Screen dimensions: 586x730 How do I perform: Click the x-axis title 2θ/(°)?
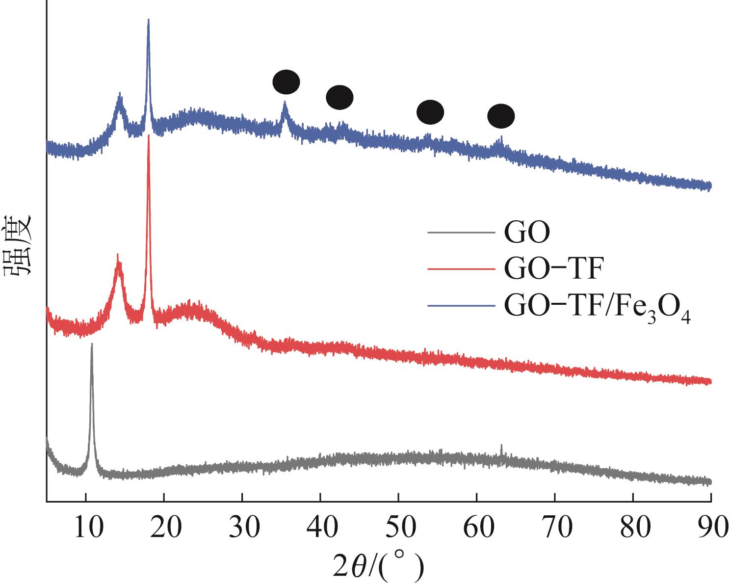point(378,566)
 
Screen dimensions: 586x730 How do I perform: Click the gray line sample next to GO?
point(460,233)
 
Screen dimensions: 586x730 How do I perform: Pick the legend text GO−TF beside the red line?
point(552,269)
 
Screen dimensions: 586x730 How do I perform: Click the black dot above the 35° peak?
point(286,82)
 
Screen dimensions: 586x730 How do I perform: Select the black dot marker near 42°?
point(339,97)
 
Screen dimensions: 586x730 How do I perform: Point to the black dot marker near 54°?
point(430,112)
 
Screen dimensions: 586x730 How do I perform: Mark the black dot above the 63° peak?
point(501,116)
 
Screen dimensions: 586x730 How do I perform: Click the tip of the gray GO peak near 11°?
point(91,345)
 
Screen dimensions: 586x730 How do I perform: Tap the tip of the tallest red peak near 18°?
point(149,136)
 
